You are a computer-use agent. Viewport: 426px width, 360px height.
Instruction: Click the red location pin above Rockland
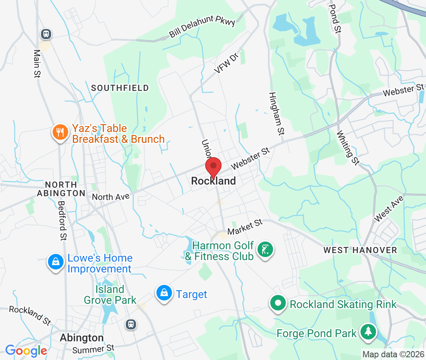coord(213,167)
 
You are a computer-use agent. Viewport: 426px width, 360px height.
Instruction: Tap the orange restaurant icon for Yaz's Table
coord(60,133)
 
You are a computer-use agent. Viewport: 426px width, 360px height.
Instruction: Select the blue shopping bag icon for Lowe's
coord(56,262)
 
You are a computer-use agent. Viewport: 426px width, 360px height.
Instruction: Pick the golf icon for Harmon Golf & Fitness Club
coord(265,250)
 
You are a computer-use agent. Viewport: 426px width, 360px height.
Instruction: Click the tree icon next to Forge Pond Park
coord(368,332)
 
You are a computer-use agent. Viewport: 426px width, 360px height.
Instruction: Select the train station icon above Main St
coord(46,34)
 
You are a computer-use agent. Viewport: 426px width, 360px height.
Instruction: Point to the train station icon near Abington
coord(131,324)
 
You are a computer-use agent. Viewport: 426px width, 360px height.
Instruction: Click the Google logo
coord(26,351)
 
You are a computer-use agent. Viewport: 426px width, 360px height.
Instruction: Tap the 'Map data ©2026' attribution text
coord(393,354)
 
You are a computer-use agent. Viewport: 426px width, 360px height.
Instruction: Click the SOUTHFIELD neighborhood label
coord(120,88)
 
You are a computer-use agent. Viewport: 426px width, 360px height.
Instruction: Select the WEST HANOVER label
coord(360,250)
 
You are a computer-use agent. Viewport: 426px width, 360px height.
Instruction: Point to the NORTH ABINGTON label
coord(61,188)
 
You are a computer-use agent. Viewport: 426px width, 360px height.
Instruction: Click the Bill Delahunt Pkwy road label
coord(202,28)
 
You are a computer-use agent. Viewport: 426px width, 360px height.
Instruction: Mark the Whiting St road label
coord(348,147)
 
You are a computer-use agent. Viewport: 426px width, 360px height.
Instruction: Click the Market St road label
coord(245,227)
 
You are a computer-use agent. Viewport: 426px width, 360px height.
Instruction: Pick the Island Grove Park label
coord(110,295)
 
